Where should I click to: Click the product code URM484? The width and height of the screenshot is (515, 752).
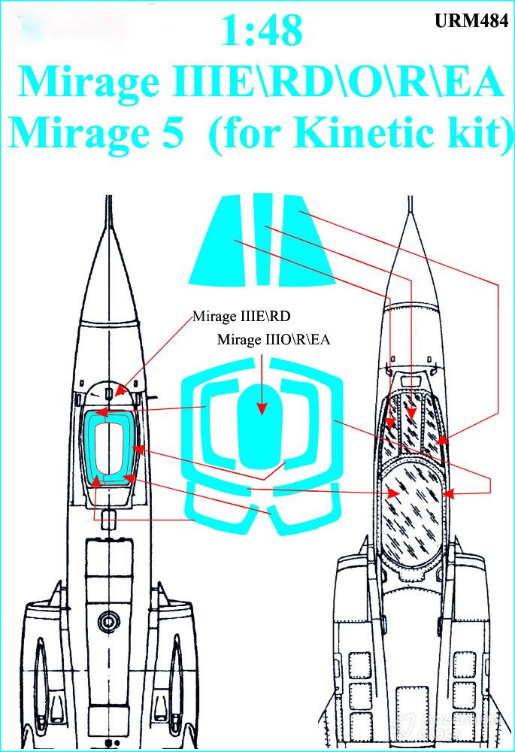471,21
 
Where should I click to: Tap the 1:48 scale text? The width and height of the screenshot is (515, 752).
262,30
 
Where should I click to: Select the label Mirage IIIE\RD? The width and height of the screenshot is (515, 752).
241,317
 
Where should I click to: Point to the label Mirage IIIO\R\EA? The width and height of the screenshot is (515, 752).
274,340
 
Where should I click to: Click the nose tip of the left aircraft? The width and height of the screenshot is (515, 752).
109,196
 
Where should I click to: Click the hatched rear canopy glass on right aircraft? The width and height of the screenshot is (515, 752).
411,511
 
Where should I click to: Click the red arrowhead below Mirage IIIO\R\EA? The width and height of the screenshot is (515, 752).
262,408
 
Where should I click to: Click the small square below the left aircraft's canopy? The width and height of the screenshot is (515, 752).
109,520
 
